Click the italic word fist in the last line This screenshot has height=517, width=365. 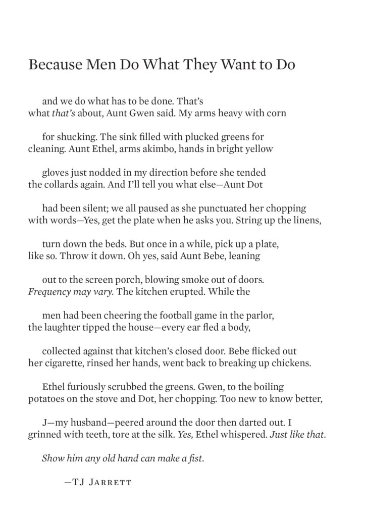pyautogui.click(x=194, y=458)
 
